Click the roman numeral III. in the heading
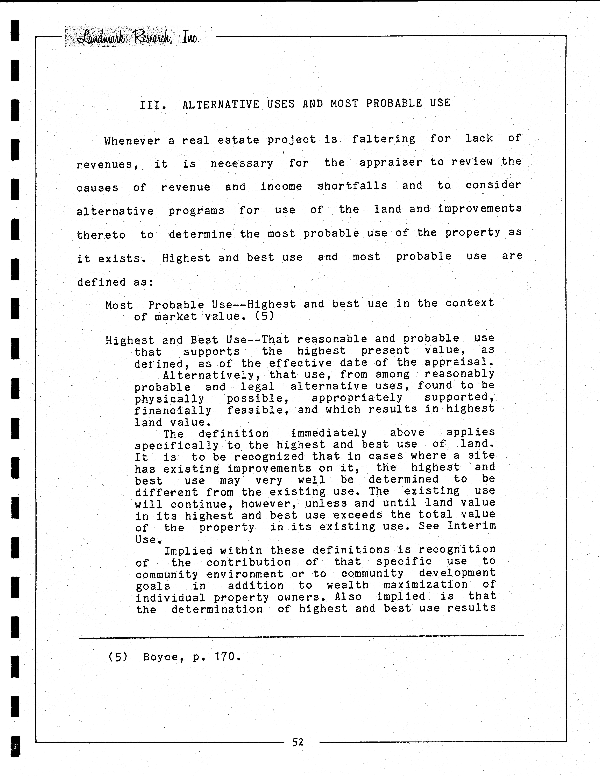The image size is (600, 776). [153, 105]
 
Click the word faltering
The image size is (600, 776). [383, 139]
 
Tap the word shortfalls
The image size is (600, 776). [352, 186]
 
